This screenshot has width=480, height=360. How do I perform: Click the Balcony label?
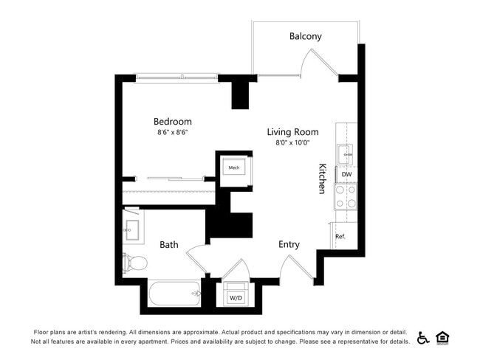click(x=305, y=36)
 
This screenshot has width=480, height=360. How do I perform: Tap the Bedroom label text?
click(x=173, y=122)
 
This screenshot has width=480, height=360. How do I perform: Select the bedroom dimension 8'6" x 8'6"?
click(x=173, y=133)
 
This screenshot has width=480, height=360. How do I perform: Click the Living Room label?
click(x=292, y=131)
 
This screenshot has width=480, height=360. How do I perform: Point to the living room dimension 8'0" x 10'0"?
click(x=292, y=142)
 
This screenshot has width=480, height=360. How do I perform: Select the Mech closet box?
click(x=234, y=168)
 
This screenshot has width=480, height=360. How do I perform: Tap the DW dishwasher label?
click(x=346, y=174)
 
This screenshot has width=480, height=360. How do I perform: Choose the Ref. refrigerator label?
click(x=340, y=237)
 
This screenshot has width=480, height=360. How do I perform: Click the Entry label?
click(x=289, y=244)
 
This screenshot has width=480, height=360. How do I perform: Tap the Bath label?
click(x=169, y=244)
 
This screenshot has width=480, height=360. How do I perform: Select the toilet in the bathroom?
click(x=136, y=262)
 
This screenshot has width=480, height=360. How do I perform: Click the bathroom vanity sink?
click(x=133, y=229)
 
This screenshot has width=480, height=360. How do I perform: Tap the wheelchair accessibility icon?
click(x=423, y=338)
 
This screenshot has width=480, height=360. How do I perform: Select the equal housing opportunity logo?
click(x=443, y=338)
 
